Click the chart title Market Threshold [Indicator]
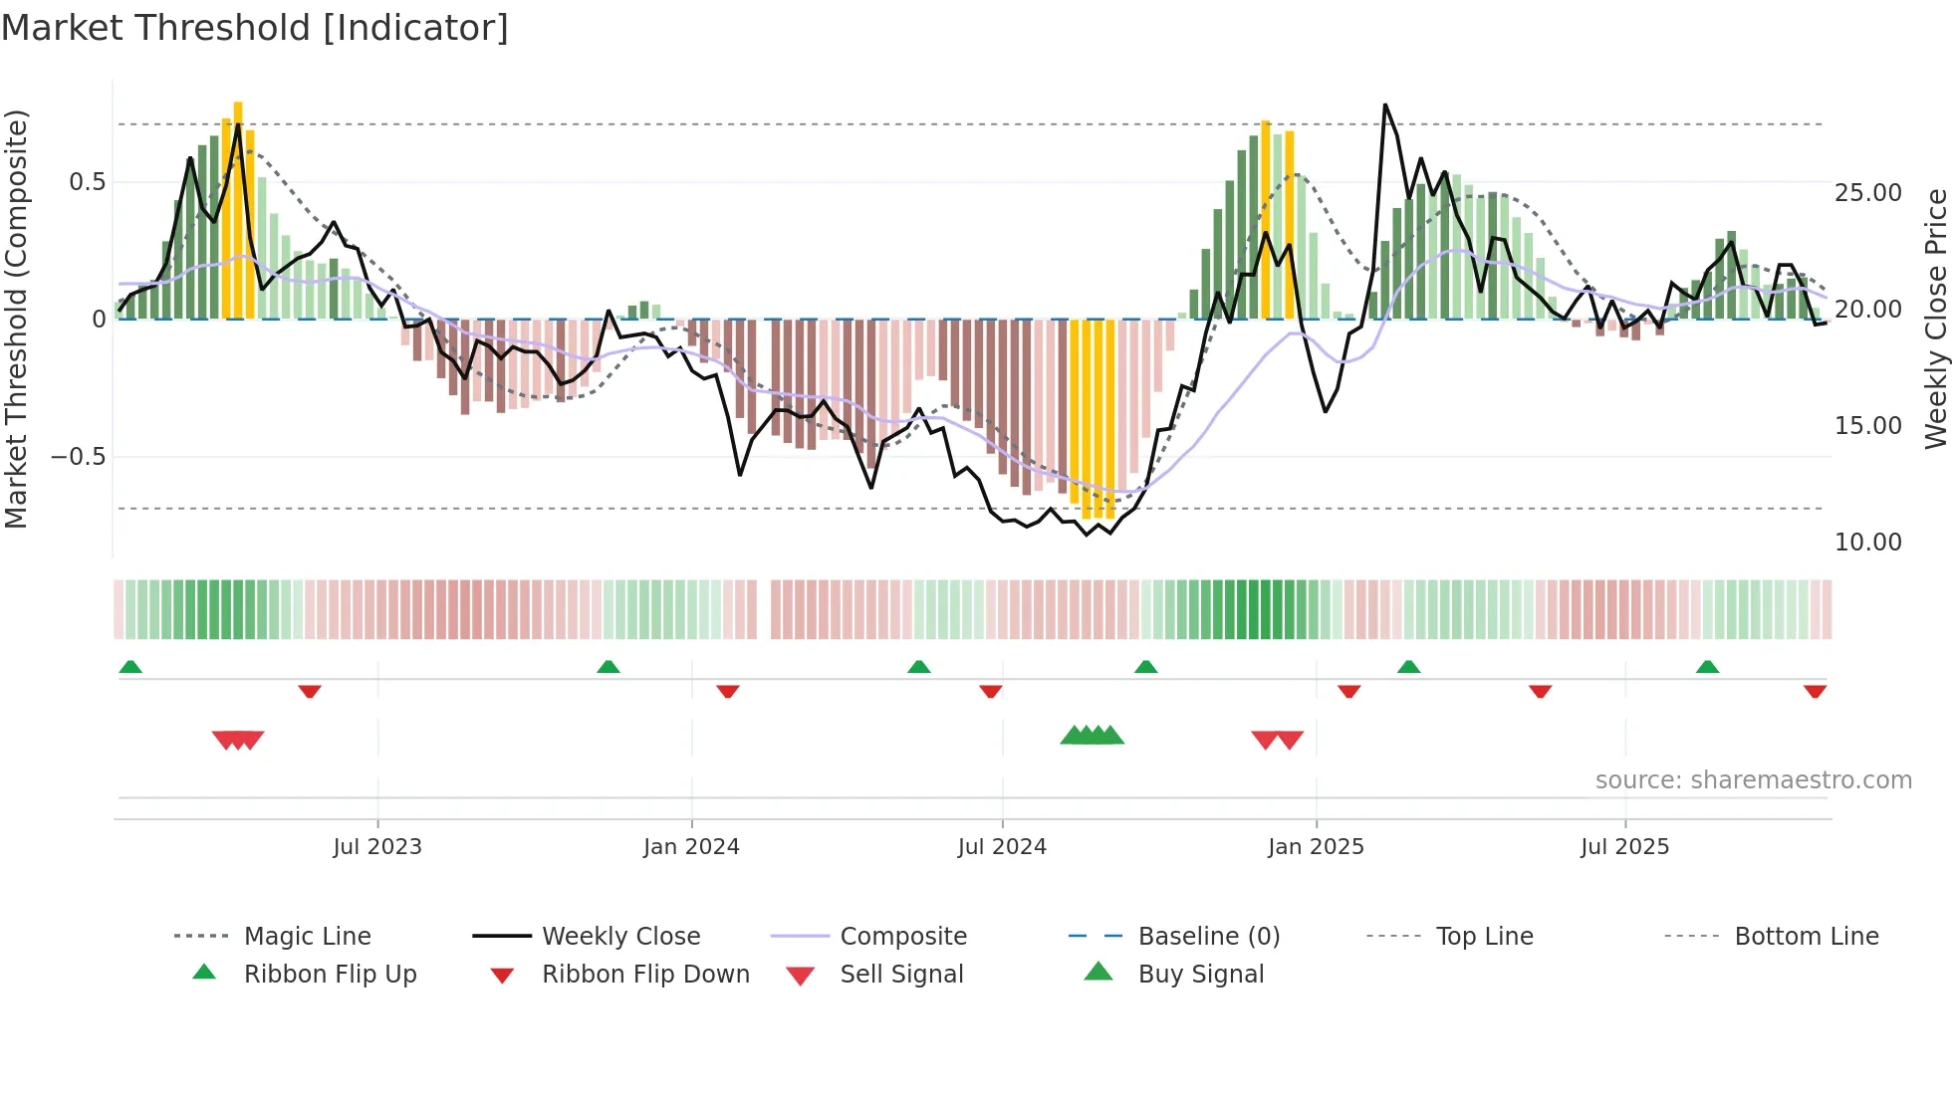tap(255, 28)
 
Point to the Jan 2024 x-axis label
tap(691, 846)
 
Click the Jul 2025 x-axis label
tap(1624, 846)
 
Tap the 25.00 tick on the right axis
tap(1867, 192)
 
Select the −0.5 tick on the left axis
tap(78, 457)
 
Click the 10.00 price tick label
tap(1867, 542)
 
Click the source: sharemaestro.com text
tap(1753, 779)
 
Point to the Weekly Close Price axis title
tap(1935, 319)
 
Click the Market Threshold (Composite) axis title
tap(16, 319)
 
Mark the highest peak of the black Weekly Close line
tap(1384, 105)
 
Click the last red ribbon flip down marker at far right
tap(1815, 691)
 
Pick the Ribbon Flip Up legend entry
tap(329, 974)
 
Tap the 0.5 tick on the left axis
tap(87, 182)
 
